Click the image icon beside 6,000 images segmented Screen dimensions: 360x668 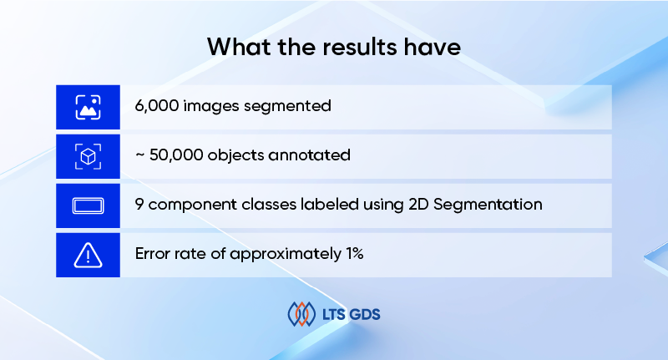click(88, 107)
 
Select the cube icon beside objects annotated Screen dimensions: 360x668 click(88, 156)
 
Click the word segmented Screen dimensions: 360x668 click(291, 107)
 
